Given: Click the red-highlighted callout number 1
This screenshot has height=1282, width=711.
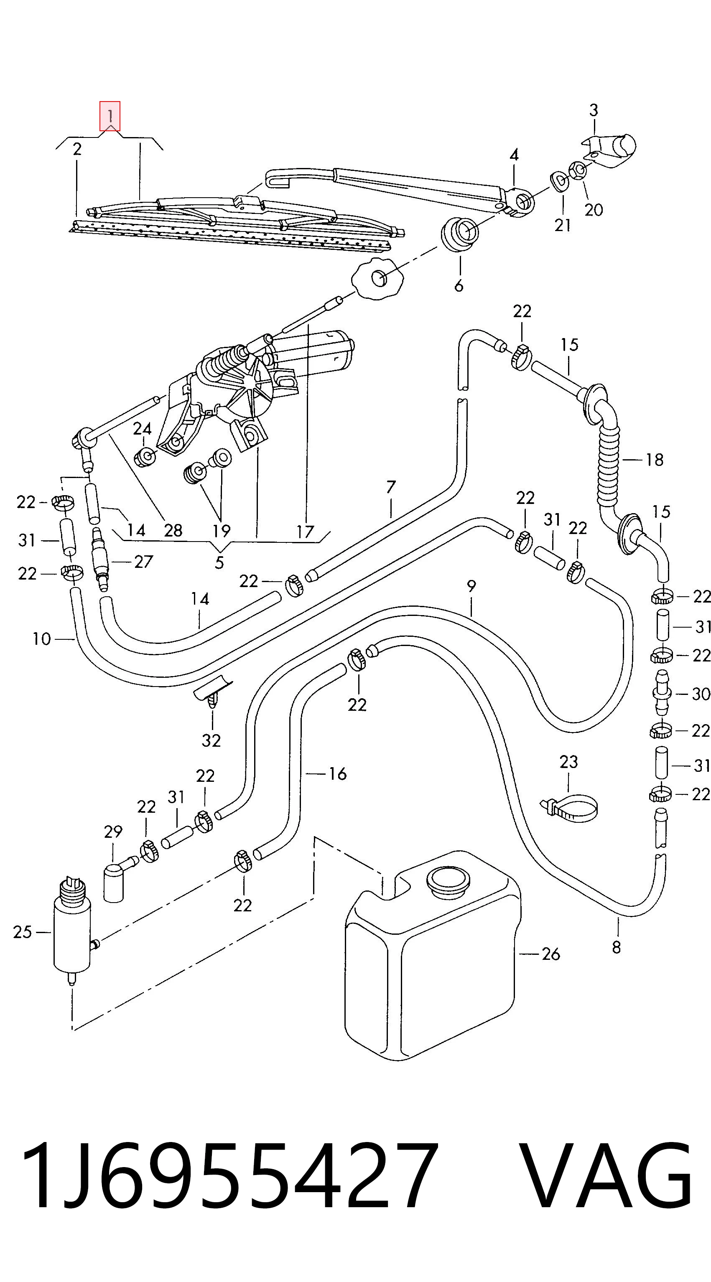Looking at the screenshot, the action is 110,117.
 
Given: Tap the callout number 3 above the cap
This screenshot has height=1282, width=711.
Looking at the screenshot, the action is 594,110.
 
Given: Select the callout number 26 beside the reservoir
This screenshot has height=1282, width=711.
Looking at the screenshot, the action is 550,954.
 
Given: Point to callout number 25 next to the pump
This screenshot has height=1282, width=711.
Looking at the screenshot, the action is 23,932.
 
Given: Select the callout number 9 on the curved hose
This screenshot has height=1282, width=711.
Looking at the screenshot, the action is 471,586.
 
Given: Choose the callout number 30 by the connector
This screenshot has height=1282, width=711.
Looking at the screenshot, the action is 701,693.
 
